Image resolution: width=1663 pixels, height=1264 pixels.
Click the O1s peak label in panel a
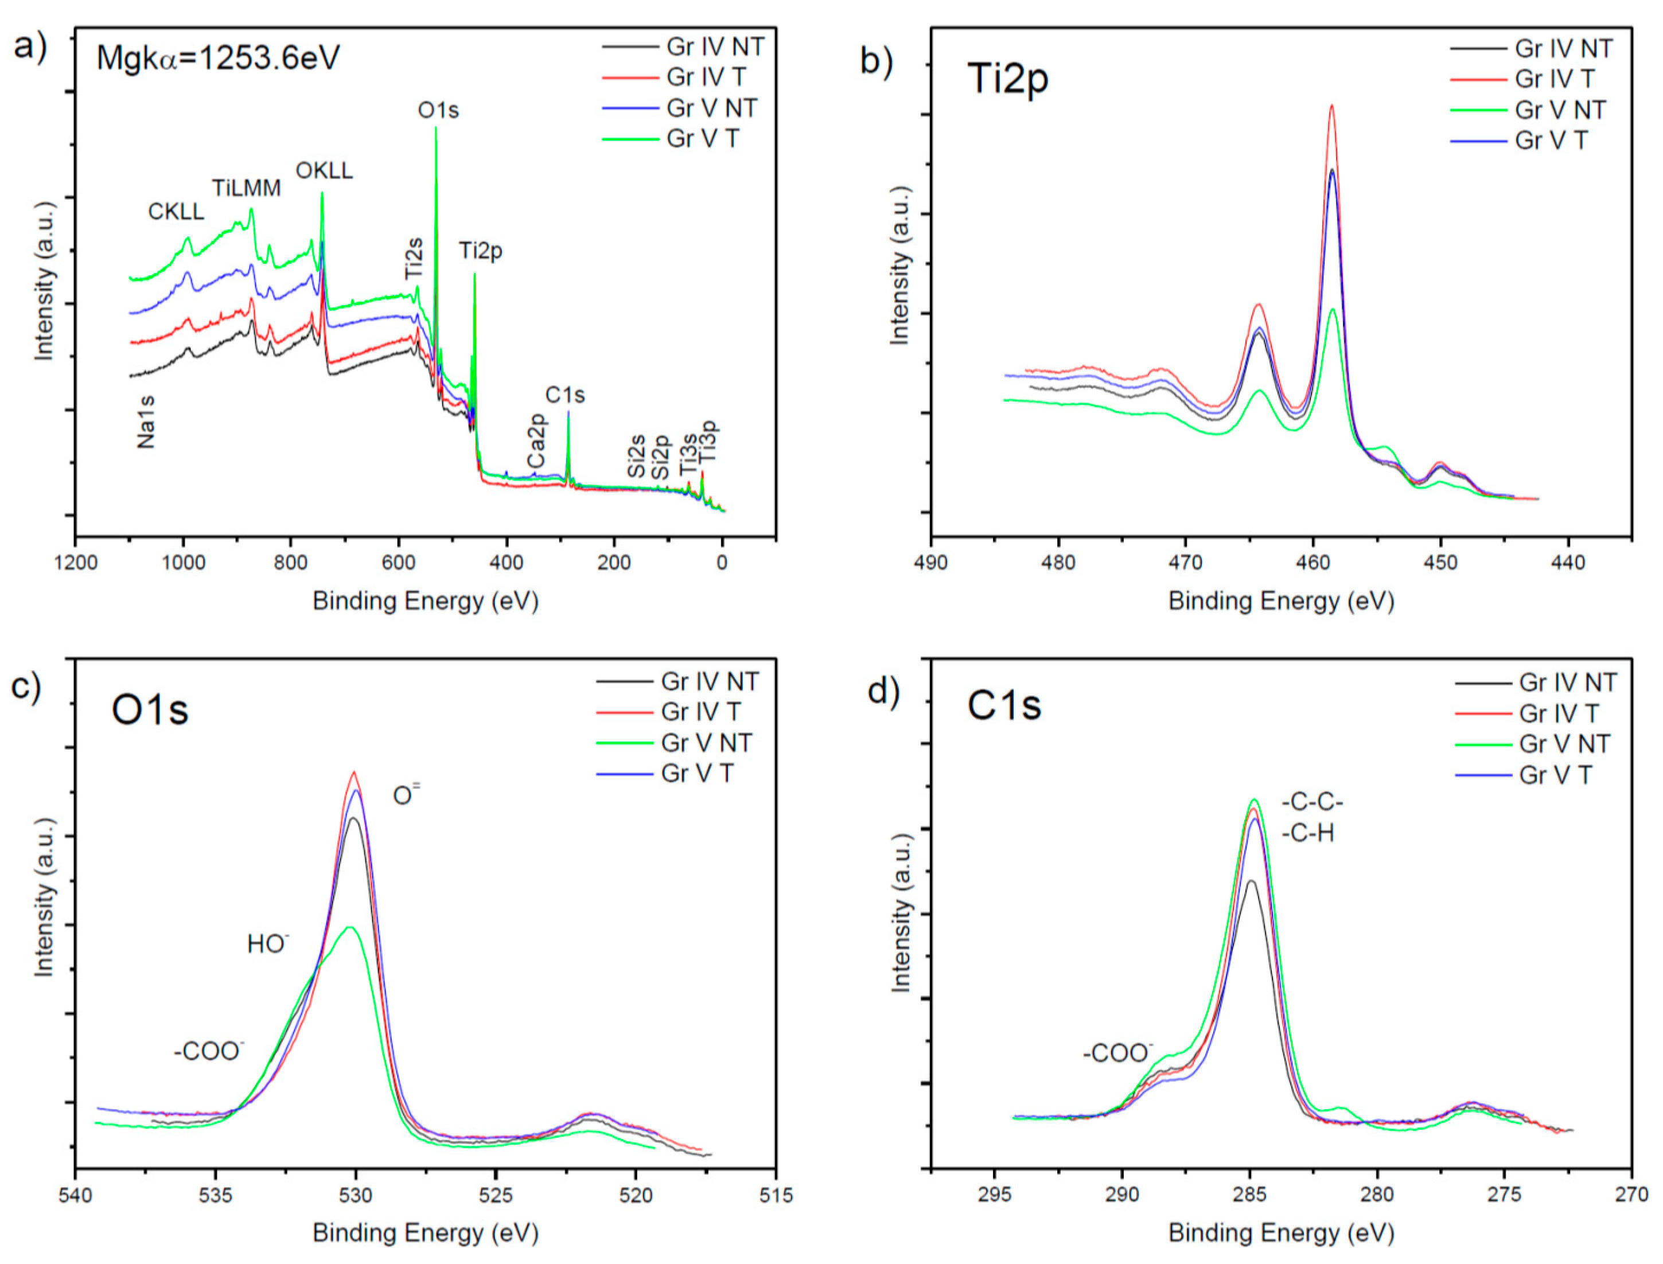[x=438, y=111]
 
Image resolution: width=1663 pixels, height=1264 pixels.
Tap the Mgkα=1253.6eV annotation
[x=217, y=58]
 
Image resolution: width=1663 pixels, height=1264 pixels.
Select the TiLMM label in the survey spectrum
[x=246, y=188]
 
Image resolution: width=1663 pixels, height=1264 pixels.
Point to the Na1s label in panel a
[x=146, y=422]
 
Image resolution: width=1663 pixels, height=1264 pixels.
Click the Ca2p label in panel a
[x=536, y=440]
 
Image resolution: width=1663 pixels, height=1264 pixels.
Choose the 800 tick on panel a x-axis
[x=290, y=563]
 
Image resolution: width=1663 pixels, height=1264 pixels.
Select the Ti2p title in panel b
[x=1007, y=78]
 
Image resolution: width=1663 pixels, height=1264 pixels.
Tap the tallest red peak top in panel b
[x=1332, y=106]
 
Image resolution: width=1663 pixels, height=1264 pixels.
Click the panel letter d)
[x=883, y=690]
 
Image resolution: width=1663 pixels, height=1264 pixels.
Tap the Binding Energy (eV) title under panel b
[x=1281, y=601]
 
